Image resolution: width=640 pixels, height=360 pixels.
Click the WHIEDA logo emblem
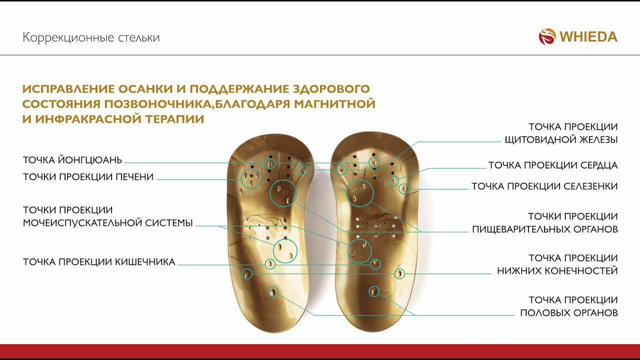[x=547, y=36]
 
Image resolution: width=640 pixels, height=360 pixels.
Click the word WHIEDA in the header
[x=588, y=37]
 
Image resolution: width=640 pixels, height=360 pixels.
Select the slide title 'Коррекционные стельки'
[x=91, y=37]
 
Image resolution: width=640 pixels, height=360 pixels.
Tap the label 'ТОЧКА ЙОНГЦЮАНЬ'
[x=72, y=160]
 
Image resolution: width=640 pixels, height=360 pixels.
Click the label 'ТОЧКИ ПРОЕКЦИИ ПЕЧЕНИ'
[x=88, y=177]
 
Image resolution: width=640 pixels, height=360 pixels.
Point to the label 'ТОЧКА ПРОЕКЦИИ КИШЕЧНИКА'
[x=99, y=262]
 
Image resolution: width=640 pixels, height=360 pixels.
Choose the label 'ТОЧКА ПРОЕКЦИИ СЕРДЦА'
[x=552, y=165]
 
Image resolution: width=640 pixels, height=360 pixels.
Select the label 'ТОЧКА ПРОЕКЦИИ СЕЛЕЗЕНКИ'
[x=544, y=186]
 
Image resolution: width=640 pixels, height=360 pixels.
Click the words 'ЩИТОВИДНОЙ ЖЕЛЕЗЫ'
[x=560, y=139]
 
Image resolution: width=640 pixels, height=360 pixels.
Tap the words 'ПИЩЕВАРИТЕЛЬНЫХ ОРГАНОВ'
[x=545, y=229]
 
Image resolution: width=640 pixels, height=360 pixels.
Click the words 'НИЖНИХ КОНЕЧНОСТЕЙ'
[x=557, y=271]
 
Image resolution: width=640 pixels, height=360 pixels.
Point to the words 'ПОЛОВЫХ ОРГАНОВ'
[x=568, y=313]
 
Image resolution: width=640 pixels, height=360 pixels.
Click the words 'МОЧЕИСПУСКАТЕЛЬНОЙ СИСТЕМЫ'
[x=108, y=223]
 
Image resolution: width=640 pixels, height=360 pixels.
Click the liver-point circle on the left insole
[x=251, y=178]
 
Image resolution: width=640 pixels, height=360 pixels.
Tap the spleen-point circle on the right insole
[x=404, y=188]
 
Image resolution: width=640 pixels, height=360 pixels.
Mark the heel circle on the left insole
[x=273, y=291]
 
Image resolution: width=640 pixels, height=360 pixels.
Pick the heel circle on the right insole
[x=373, y=291]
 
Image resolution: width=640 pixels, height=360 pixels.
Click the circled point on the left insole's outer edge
[x=247, y=273]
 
